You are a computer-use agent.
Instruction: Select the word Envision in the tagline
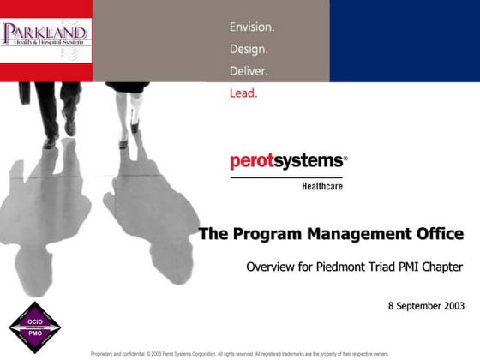click(x=251, y=27)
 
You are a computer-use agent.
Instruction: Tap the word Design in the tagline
click(x=249, y=49)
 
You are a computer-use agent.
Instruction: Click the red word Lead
click(x=243, y=92)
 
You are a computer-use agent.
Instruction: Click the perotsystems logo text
click(x=288, y=161)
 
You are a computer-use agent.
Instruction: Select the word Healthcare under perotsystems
click(x=322, y=184)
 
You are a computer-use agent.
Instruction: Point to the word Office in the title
click(x=441, y=233)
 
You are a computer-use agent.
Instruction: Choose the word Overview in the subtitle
click(x=272, y=267)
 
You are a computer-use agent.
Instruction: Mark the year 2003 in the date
click(x=450, y=306)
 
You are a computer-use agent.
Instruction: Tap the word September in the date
click(x=416, y=306)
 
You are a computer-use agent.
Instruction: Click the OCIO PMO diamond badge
click(x=34, y=327)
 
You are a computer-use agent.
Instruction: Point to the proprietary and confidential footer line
click(x=239, y=353)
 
